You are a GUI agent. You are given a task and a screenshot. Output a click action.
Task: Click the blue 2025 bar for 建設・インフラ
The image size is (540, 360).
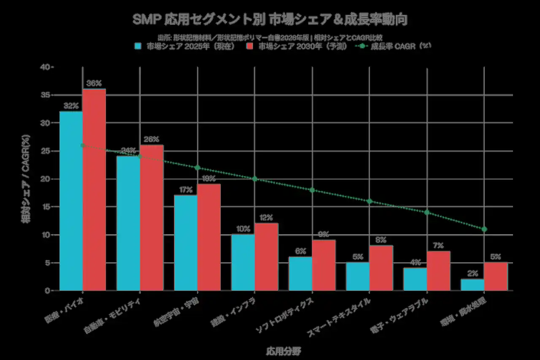pos(243,263)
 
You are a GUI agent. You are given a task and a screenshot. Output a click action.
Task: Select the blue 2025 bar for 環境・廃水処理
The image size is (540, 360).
pos(472,285)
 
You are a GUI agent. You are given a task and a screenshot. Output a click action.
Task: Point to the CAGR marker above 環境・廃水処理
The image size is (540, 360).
pos(484,229)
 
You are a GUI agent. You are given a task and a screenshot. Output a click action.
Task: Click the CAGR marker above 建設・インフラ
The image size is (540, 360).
pos(254,179)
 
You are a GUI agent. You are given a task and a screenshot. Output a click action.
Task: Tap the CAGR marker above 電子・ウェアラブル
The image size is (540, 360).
pos(427,212)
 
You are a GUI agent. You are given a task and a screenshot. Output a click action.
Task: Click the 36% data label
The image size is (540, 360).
pos(94,84)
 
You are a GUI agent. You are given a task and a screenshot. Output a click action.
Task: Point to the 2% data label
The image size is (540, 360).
pos(472,273)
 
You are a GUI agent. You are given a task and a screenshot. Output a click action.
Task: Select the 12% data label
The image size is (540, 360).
pos(266,218)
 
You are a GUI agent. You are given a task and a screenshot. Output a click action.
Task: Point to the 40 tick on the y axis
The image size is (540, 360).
pos(46,67)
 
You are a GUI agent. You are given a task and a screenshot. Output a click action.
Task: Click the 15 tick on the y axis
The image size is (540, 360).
pos(46,207)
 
